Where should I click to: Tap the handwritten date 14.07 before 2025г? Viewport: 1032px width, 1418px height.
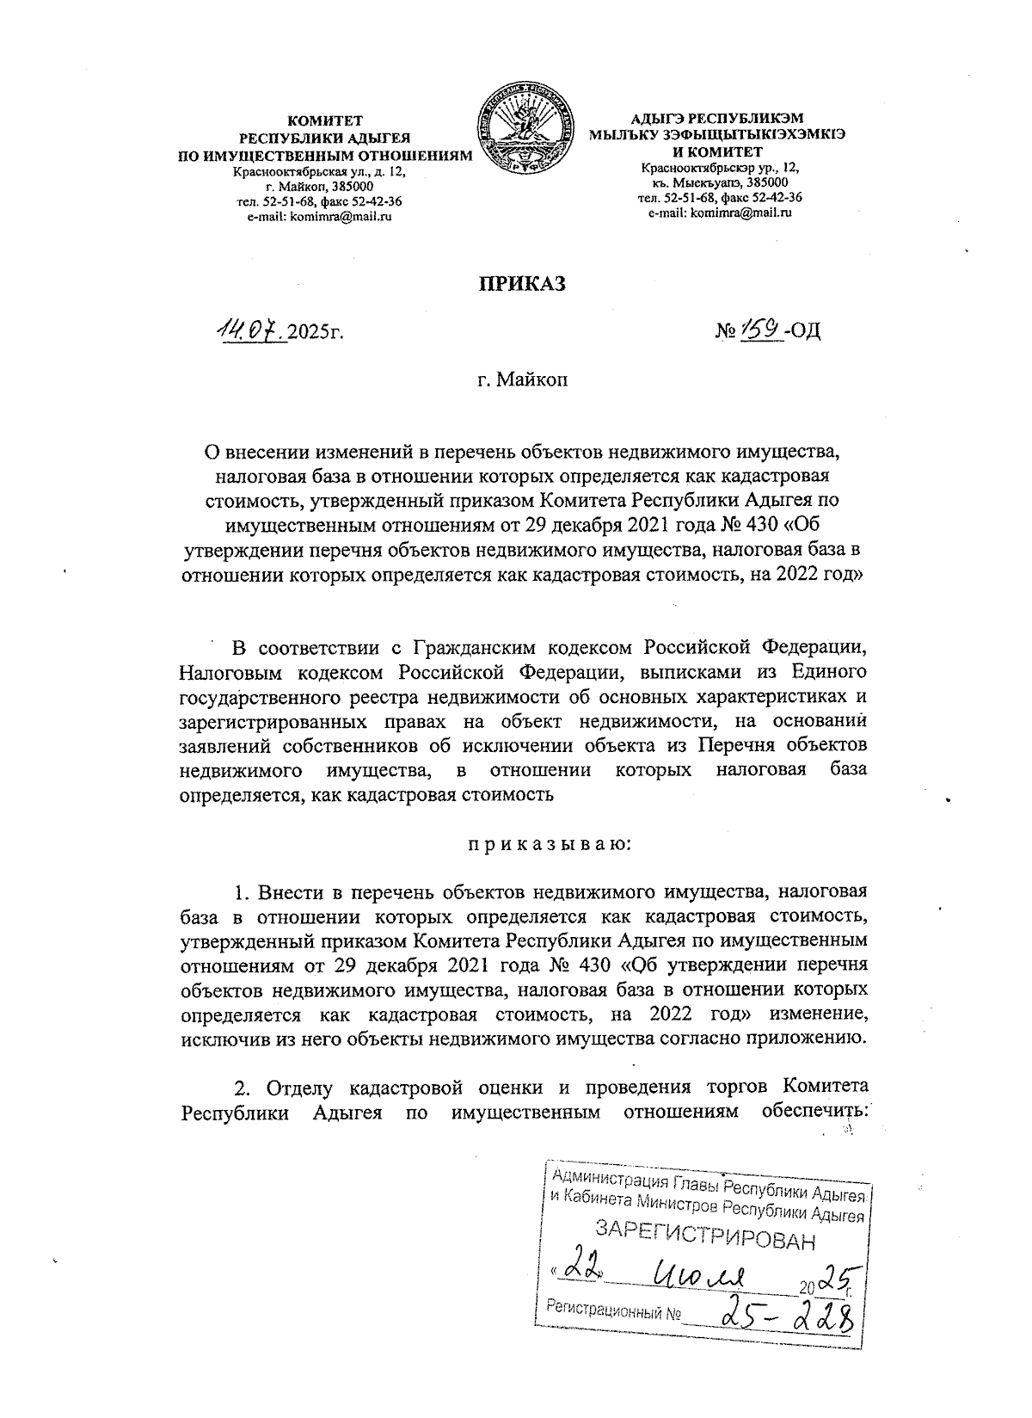click(x=249, y=330)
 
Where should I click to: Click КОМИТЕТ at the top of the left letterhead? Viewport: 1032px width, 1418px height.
click(x=325, y=120)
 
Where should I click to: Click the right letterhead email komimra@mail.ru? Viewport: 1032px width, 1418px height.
click(x=719, y=212)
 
